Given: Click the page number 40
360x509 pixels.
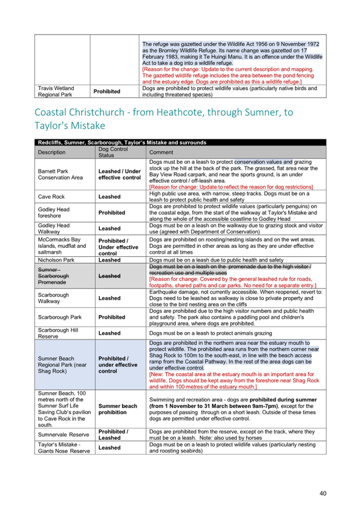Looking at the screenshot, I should (323, 493).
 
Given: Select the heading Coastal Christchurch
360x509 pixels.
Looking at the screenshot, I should (163, 119).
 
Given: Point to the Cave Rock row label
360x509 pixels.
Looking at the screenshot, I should (51, 197).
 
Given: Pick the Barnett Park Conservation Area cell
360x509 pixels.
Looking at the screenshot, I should (60, 174).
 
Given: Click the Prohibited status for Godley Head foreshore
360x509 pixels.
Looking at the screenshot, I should (112, 213).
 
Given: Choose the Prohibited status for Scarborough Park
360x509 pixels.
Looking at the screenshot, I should (112, 317).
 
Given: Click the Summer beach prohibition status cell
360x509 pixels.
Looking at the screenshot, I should (118, 409).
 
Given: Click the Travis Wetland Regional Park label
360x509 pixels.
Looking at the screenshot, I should (56, 91).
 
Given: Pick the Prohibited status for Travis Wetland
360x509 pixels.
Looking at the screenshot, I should (107, 92).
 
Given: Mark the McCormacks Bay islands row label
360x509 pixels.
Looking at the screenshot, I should (61, 246).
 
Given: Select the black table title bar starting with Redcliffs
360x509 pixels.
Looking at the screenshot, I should (181, 142).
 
